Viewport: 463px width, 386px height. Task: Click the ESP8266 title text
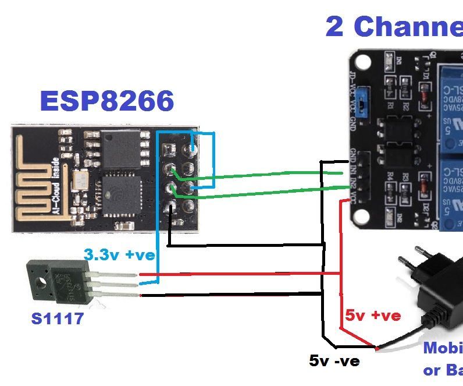[107, 101]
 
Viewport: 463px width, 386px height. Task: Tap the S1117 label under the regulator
[56, 318]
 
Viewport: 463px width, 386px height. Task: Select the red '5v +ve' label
[373, 316]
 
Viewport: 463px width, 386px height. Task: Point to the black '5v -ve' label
[334, 361]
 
